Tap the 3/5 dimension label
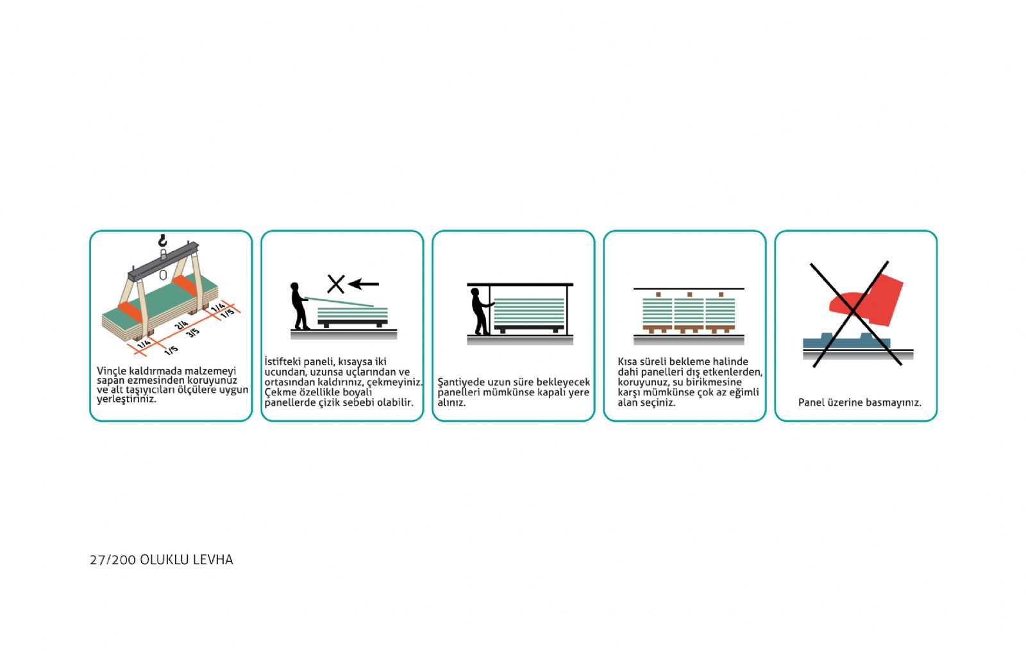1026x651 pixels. click(193, 333)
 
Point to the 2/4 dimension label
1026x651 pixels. click(181, 325)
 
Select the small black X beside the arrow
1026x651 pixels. click(336, 284)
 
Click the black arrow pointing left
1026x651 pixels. click(363, 284)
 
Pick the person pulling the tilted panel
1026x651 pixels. click(299, 306)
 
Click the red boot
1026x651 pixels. click(866, 301)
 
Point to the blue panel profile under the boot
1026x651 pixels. click(846, 341)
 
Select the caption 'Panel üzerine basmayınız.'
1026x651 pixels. click(860, 402)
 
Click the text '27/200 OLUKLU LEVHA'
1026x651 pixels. click(161, 560)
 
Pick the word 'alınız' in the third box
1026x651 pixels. click(451, 403)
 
